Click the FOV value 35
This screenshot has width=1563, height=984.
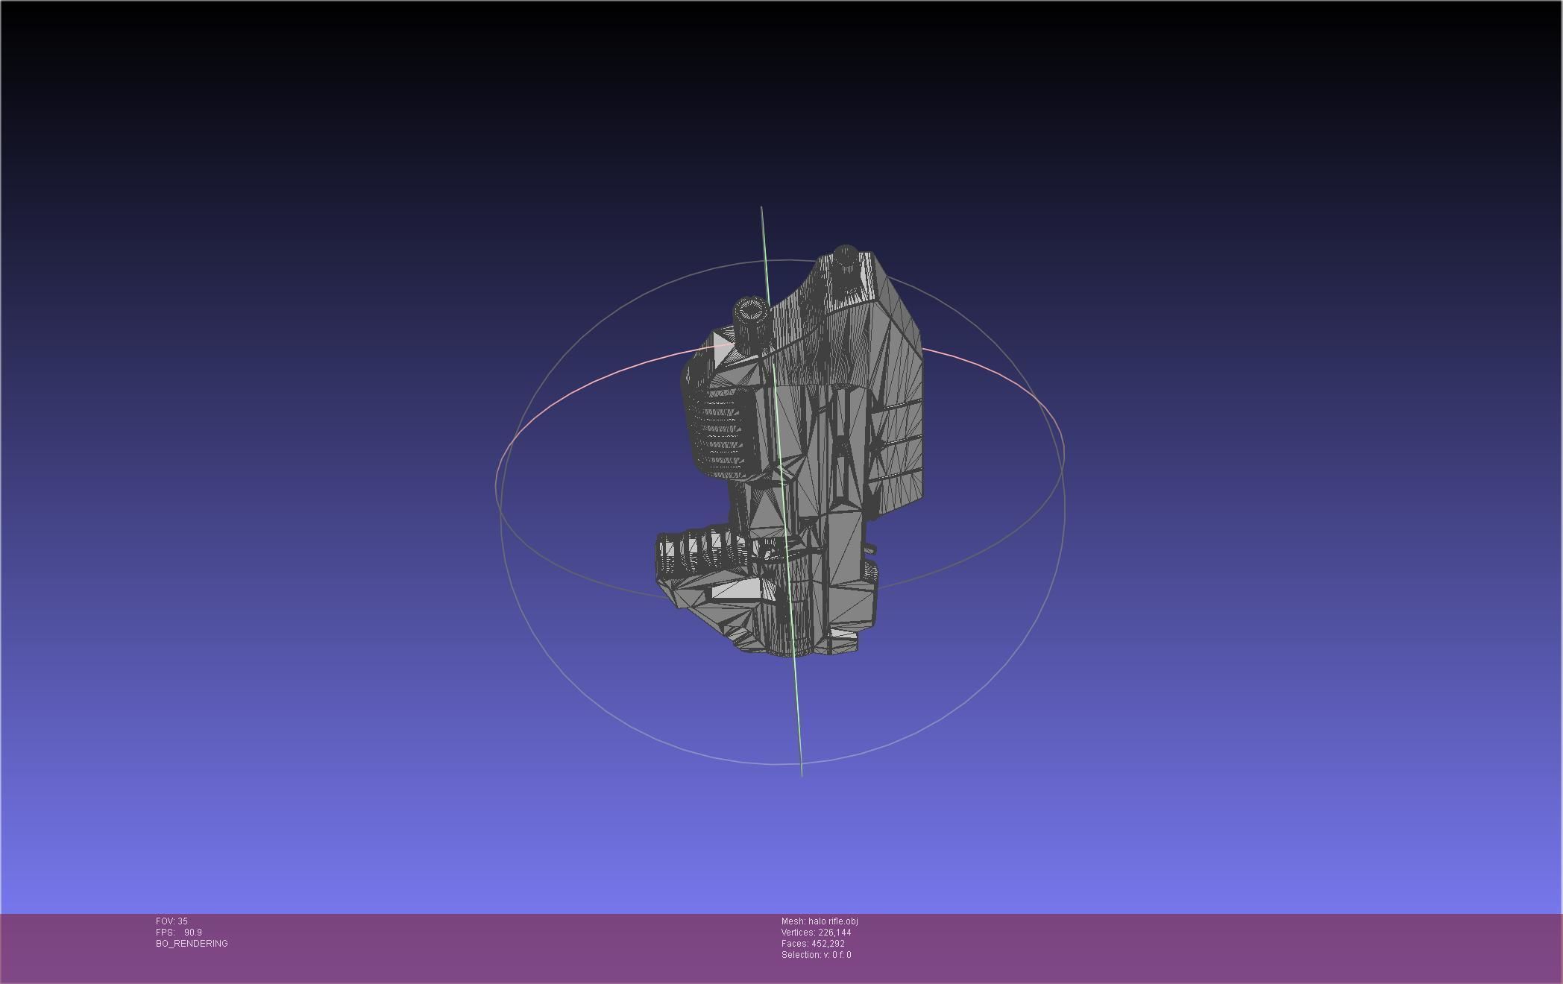point(183,921)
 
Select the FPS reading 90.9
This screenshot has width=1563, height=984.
point(192,933)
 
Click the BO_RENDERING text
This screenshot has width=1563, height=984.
point(192,944)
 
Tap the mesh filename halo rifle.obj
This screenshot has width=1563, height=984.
point(833,921)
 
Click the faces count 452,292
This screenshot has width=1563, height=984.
point(828,944)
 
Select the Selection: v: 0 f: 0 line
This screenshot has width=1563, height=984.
point(816,955)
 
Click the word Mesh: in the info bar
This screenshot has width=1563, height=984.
point(793,921)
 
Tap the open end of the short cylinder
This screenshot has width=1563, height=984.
point(751,307)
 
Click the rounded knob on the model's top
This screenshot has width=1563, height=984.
point(845,253)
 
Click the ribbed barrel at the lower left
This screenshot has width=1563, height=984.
point(694,549)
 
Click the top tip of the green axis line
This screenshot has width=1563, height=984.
point(761,208)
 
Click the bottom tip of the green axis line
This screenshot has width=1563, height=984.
point(802,775)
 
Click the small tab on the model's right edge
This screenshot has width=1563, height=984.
point(869,550)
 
